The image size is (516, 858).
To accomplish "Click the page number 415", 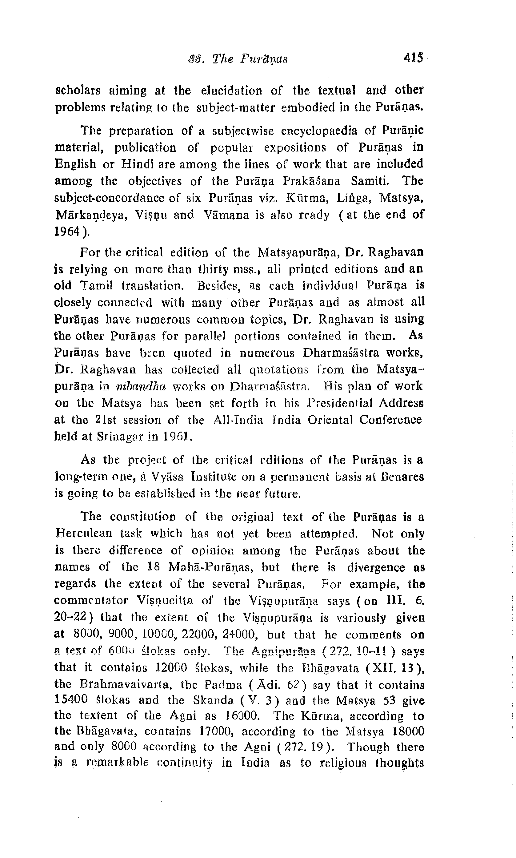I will click(x=414, y=58).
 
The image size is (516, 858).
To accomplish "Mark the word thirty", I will click(x=214, y=269).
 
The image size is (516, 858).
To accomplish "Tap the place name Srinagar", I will click(x=119, y=437).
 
